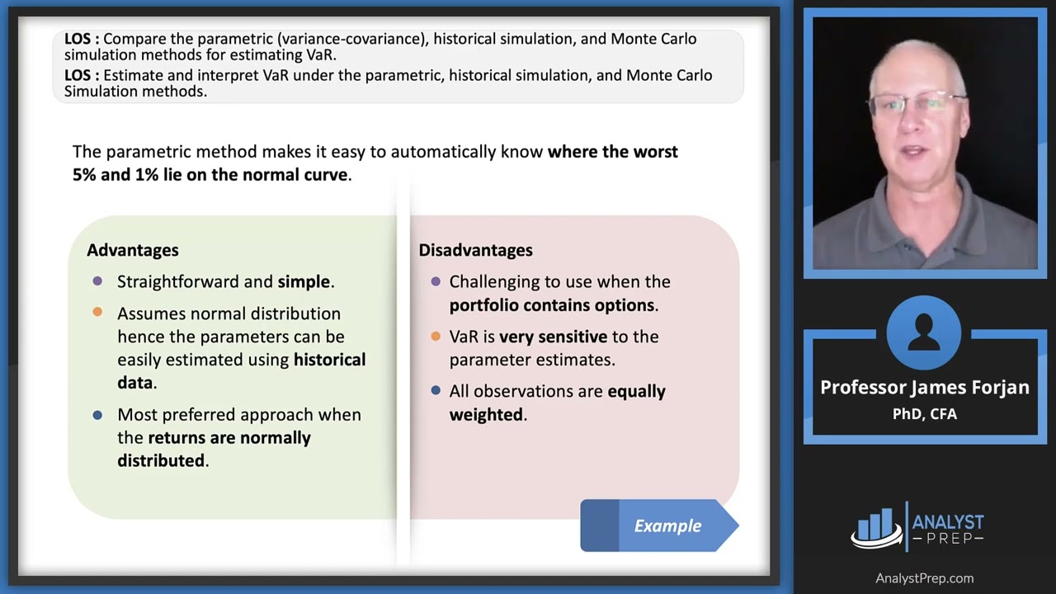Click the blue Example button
click(659, 526)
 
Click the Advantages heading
click(132, 250)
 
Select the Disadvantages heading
click(475, 250)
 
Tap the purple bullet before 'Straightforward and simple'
click(97, 281)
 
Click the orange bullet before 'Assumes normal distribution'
click(97, 313)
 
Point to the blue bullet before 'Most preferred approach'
click(97, 414)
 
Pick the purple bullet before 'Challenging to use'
click(436, 281)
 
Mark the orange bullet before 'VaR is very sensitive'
click(436, 336)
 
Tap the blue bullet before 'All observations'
click(436, 390)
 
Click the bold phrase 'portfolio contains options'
click(552, 305)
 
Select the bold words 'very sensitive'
click(553, 337)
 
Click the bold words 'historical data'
click(241, 371)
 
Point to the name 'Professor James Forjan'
click(924, 388)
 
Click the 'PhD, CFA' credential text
click(924, 414)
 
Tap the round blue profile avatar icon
click(924, 332)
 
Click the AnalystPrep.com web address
click(924, 578)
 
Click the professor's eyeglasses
click(916, 105)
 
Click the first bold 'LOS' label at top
click(81, 39)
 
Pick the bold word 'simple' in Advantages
click(304, 282)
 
